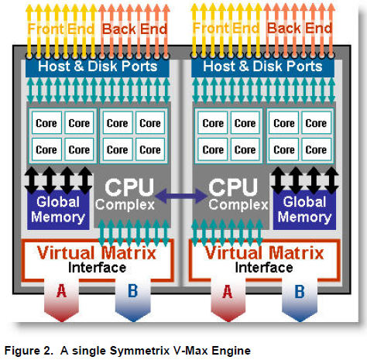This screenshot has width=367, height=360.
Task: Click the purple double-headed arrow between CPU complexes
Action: click(183, 197)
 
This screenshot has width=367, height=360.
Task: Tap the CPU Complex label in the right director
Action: click(234, 195)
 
